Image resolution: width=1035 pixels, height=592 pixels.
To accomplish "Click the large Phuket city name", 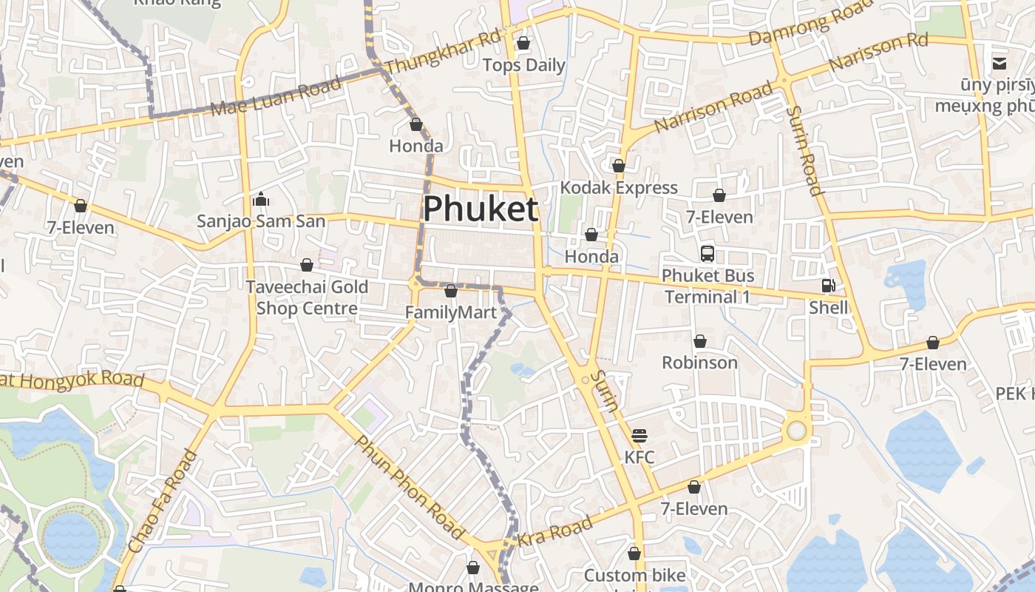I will point(480,209).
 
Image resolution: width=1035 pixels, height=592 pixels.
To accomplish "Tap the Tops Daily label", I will point(523,65).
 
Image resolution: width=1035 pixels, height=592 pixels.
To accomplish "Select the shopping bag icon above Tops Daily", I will point(523,43).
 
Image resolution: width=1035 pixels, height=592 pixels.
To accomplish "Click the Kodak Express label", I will point(619,187).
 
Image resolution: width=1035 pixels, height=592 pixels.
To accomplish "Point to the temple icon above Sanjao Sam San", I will point(260,199).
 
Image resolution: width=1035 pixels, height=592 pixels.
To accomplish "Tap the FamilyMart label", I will point(451,312).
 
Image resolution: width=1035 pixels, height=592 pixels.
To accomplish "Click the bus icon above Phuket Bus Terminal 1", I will point(707,254).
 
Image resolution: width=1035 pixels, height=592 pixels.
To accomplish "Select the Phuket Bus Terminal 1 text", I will point(708,286).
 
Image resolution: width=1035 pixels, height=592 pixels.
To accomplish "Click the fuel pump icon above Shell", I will point(828,286).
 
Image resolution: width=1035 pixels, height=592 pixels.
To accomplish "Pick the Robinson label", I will point(699,363).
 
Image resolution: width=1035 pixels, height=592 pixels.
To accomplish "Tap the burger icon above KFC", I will point(639,435).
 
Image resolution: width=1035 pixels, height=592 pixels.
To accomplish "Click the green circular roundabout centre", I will point(796,430).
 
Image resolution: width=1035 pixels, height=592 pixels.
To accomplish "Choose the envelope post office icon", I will point(1000,64).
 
